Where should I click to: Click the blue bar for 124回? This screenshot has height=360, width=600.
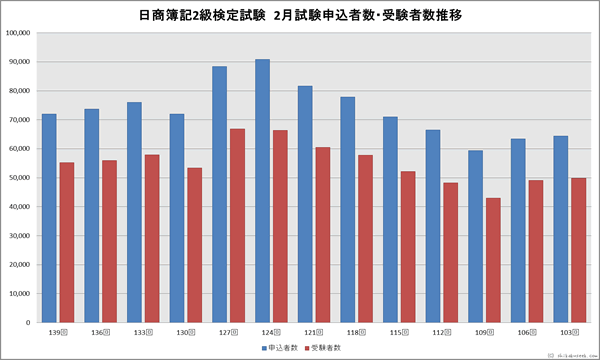(262, 191)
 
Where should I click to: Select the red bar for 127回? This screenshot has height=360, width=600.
(236, 225)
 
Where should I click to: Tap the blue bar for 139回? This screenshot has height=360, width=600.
(48, 218)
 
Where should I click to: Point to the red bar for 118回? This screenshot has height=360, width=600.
(365, 239)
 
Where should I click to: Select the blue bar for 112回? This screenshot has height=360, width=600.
(433, 226)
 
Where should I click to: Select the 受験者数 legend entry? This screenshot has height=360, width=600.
(325, 348)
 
